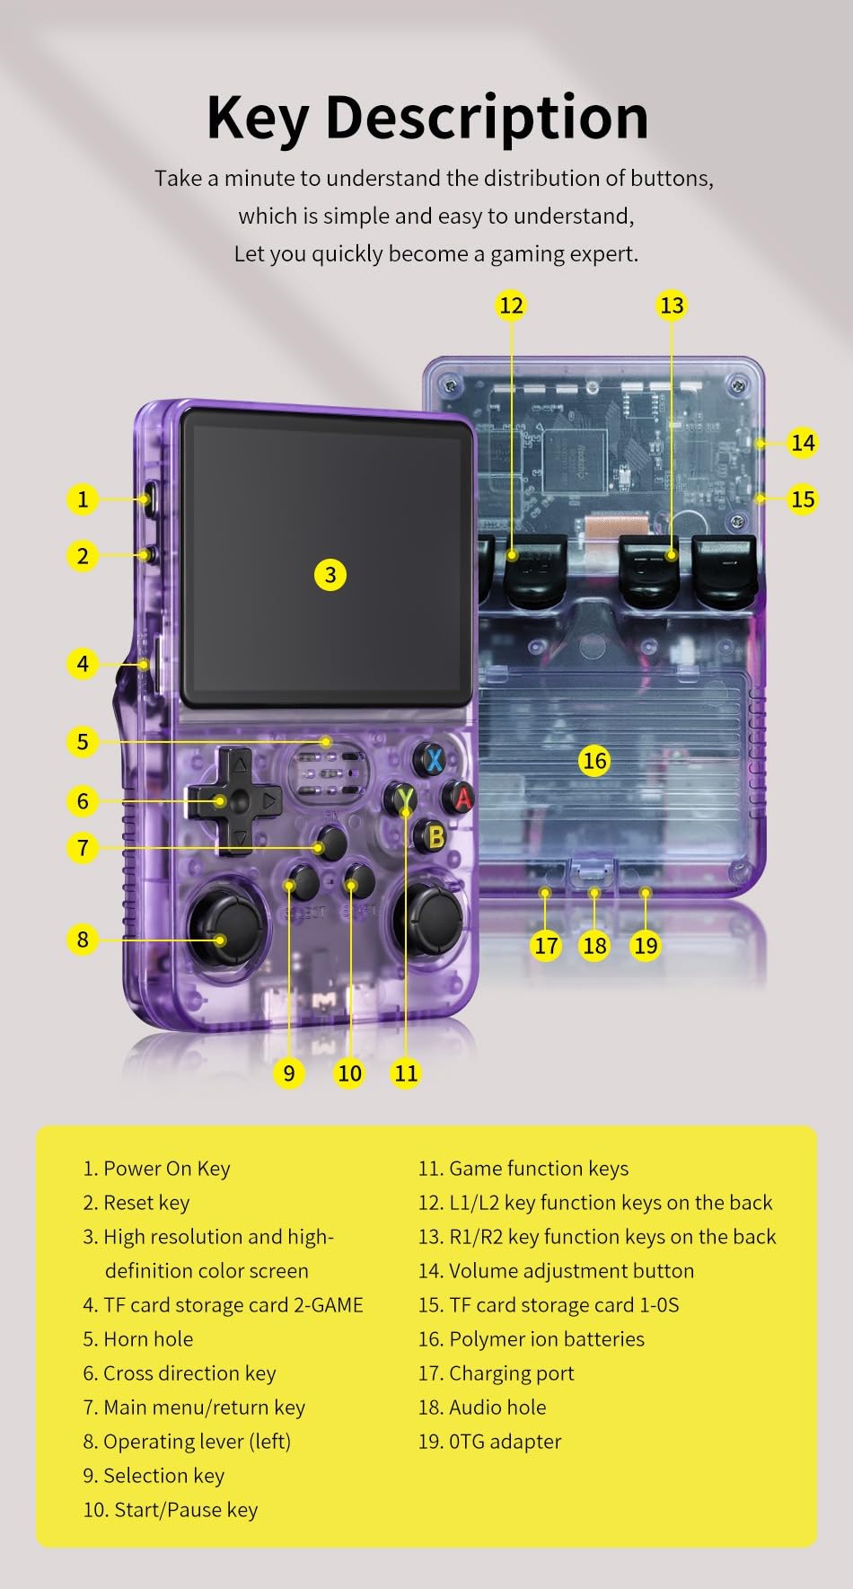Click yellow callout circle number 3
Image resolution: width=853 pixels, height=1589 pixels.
[x=330, y=575]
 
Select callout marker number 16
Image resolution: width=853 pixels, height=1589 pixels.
[x=594, y=761]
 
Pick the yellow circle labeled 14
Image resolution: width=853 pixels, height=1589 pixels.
[x=802, y=443]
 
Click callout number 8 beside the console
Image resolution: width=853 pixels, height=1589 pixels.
[x=83, y=940]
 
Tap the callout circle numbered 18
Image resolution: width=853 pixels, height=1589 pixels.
[x=594, y=945]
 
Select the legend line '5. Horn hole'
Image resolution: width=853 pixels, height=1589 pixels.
[x=138, y=1339]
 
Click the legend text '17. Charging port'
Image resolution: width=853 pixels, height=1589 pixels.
[x=496, y=1373]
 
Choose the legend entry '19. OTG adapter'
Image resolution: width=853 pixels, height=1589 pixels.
[x=489, y=1442]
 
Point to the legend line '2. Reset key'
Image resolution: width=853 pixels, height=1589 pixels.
[x=136, y=1203]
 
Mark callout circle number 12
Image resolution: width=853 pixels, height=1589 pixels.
[x=511, y=305]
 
